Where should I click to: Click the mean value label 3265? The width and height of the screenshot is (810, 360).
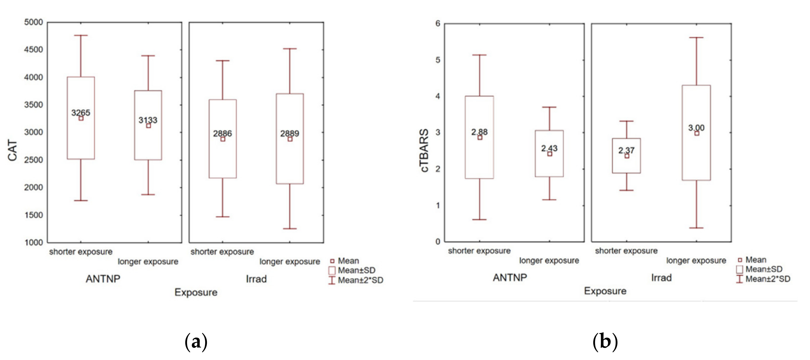(x=81, y=112)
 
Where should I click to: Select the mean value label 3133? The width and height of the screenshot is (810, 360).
(x=148, y=120)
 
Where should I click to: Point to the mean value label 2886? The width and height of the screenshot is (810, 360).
(x=222, y=133)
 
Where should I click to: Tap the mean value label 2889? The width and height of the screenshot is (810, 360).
(x=289, y=133)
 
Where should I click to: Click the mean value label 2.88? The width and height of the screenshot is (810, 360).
(x=479, y=132)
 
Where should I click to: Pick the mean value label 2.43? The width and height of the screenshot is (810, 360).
(x=549, y=148)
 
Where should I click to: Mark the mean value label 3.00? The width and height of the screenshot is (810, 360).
(x=696, y=128)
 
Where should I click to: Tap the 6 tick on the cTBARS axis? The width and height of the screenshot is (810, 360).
(x=438, y=23)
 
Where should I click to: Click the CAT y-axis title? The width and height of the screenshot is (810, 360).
(x=12, y=150)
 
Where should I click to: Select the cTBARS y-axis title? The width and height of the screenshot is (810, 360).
(x=424, y=150)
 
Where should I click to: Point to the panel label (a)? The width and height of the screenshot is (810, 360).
(x=196, y=341)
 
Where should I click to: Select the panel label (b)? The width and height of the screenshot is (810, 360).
(x=605, y=341)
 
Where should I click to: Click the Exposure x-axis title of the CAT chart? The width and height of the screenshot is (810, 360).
(x=196, y=292)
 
